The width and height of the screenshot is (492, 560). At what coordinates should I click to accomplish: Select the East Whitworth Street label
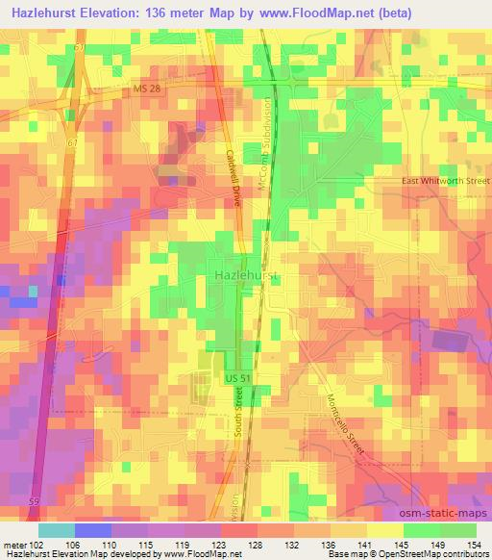(x=445, y=181)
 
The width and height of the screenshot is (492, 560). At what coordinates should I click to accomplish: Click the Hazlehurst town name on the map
(x=245, y=275)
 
